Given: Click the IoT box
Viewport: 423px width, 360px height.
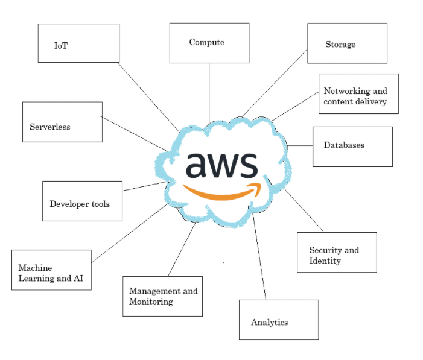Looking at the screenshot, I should (x=78, y=43).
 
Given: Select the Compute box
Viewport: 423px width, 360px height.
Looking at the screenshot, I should (x=209, y=43).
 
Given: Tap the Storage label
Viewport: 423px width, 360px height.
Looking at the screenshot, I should (x=340, y=45).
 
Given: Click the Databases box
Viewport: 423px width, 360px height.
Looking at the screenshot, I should (x=352, y=146).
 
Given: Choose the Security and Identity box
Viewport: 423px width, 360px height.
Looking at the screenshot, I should (x=337, y=252).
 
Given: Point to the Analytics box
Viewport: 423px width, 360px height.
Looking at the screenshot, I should (x=278, y=320).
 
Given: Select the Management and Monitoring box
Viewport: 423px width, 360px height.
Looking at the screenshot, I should (x=162, y=295).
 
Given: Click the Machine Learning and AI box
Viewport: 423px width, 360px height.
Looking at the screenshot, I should (x=52, y=270).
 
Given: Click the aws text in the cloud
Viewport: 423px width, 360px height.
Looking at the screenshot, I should (x=221, y=165).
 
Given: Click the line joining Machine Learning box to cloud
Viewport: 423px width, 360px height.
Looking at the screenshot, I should (x=128, y=233).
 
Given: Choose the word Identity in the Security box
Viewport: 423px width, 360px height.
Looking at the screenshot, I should (x=325, y=261).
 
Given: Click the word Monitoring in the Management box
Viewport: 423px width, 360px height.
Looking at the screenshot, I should (x=151, y=302).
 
